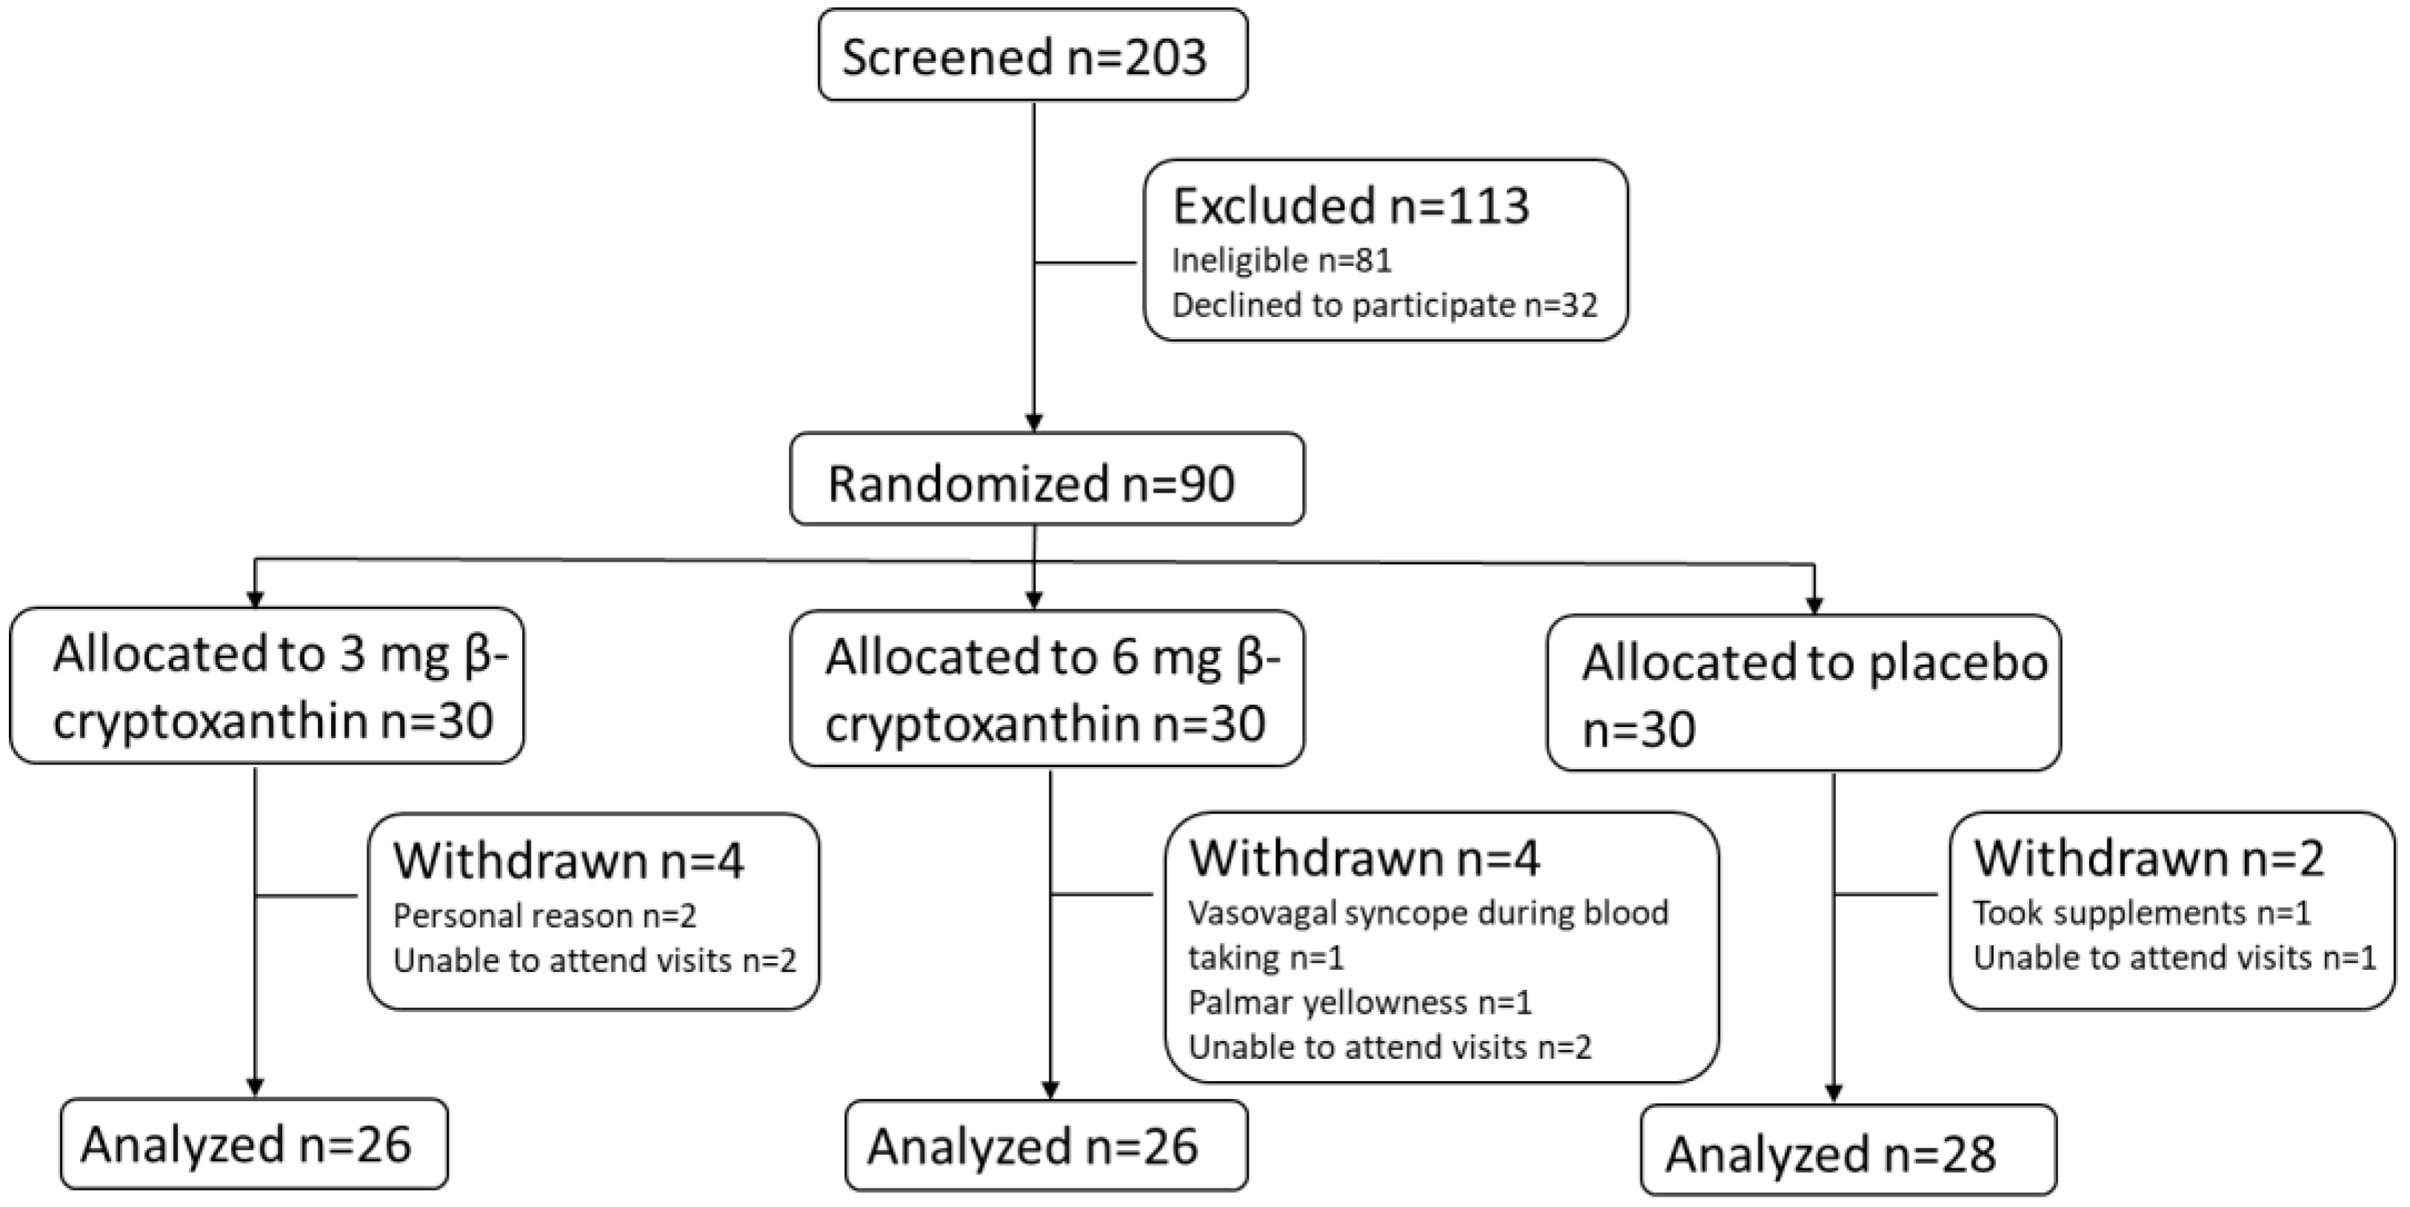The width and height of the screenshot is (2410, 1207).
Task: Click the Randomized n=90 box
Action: click(x=1046, y=480)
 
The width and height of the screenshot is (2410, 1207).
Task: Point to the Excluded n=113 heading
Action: click(x=1350, y=206)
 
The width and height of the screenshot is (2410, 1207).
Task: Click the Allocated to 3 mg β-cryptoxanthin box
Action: click(x=267, y=687)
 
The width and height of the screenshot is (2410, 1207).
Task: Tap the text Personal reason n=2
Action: click(x=544, y=916)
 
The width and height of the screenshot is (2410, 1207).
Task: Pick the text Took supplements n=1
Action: click(x=2141, y=912)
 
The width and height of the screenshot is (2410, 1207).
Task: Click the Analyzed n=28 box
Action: click(x=1848, y=1151)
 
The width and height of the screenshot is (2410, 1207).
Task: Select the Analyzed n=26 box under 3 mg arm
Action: click(x=253, y=1144)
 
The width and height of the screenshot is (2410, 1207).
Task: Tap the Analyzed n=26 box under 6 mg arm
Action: click(x=1045, y=1146)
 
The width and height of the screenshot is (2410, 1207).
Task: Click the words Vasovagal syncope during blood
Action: click(x=1428, y=912)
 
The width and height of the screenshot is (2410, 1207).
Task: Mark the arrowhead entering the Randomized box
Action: click(x=1034, y=423)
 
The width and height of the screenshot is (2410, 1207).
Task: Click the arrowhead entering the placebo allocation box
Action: click(x=1814, y=605)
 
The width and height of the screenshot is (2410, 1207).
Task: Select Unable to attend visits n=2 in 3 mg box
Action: click(x=594, y=961)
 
